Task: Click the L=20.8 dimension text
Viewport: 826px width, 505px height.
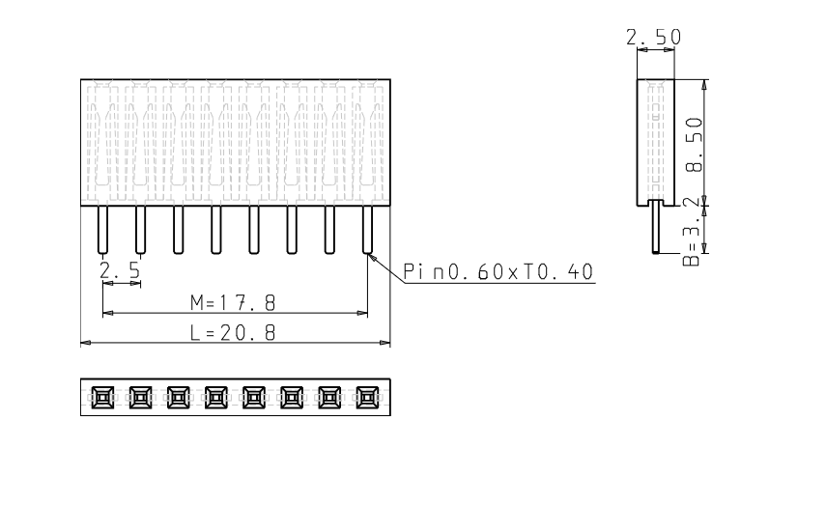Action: pyautogui.click(x=233, y=333)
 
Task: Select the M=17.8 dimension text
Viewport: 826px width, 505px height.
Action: pyautogui.click(x=233, y=303)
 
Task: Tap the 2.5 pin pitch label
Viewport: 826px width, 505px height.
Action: pyautogui.click(x=120, y=270)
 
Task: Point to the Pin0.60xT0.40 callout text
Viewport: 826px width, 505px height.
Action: pyautogui.click(x=498, y=271)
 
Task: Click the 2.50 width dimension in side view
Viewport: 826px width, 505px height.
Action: pyautogui.click(x=654, y=38)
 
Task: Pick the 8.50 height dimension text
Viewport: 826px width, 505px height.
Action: pyautogui.click(x=695, y=145)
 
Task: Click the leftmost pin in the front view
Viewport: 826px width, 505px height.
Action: pyautogui.click(x=102, y=230)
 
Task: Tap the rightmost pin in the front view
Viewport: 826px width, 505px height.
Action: pyautogui.click(x=368, y=230)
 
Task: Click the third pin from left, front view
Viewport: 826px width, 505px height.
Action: pyautogui.click(x=178, y=230)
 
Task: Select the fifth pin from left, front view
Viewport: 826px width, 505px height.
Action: pyautogui.click(x=254, y=230)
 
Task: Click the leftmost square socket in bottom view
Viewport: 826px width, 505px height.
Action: pyautogui.click(x=102, y=397)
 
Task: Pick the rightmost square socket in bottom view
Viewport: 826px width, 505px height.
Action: pyautogui.click(x=368, y=397)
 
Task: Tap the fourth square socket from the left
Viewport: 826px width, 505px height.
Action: pyautogui.click(x=216, y=397)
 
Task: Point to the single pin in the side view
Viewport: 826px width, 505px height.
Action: pyautogui.click(x=656, y=226)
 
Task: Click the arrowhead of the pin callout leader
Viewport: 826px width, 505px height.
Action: pyautogui.click(x=371, y=257)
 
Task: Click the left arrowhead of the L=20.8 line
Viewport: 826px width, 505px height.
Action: pyautogui.click(x=85, y=343)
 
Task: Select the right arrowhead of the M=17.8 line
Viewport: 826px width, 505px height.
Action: pyautogui.click(x=362, y=313)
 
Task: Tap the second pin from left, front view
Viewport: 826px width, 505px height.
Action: pyautogui.click(x=141, y=230)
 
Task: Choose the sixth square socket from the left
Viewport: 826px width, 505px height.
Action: pyautogui.click(x=292, y=397)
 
